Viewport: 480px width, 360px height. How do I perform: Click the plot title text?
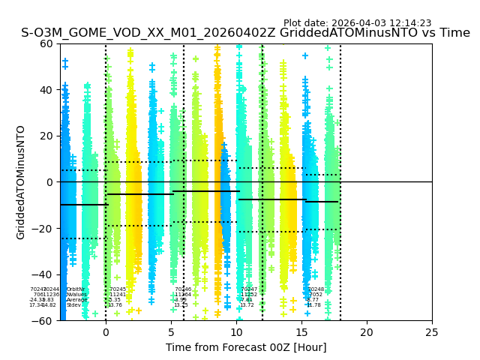(245, 33)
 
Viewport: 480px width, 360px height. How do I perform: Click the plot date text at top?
(357, 23)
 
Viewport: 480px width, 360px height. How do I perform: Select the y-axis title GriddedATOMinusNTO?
(21, 182)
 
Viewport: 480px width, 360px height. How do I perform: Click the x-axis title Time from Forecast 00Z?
(246, 347)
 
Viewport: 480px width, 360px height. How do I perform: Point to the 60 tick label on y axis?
(46, 43)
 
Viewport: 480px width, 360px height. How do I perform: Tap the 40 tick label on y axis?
(46, 90)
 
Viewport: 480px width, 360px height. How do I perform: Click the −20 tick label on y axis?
(43, 229)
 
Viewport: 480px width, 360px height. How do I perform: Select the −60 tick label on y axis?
(43, 321)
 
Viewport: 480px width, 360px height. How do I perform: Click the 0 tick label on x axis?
(106, 331)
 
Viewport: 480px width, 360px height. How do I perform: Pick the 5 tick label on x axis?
(171, 331)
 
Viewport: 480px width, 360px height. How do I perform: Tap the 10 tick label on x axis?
(236, 331)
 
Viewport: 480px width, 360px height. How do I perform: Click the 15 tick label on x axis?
(301, 331)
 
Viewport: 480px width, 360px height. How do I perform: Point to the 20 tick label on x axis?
(367, 331)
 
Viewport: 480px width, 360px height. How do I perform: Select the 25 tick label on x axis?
(432, 331)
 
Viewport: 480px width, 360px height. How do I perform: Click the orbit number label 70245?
(118, 289)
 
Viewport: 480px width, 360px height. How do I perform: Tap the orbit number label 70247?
(249, 289)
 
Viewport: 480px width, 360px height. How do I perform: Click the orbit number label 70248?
(316, 289)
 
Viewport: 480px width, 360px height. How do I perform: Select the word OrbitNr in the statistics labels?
(76, 289)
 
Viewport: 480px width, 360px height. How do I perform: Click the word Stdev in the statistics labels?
(73, 305)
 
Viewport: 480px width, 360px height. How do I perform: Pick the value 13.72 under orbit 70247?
(247, 305)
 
